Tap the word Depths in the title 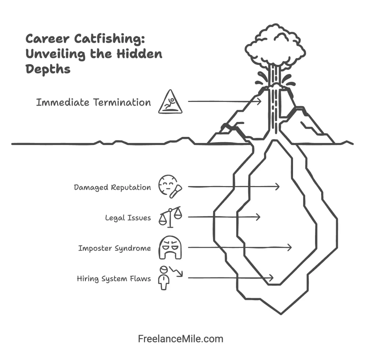pos(48,69)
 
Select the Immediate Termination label pos(93,102)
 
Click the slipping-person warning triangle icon pos(170,102)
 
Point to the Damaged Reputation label pos(112,187)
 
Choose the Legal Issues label pos(128,217)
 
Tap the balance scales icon pos(170,217)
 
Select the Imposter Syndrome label pos(114,248)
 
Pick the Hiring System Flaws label pos(114,278)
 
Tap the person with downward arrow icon pos(169,277)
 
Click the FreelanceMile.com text pos(181,339)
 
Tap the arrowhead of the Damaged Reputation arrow pos(278,186)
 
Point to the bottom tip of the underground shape pos(281,314)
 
